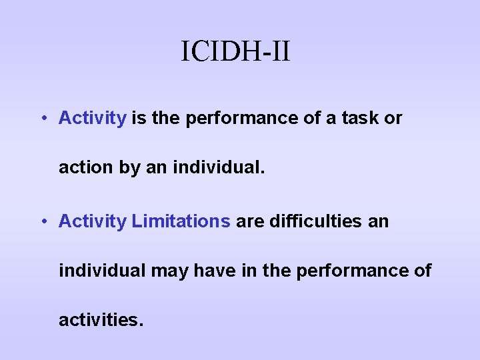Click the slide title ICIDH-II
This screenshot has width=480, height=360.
[235, 51]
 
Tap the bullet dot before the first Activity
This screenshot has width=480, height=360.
[42, 119]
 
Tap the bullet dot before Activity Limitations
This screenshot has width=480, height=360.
[42, 221]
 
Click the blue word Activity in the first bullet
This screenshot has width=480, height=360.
[92, 119]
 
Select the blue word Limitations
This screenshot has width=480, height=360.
[181, 221]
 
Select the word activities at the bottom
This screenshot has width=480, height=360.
[100, 321]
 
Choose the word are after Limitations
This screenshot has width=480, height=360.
[250, 221]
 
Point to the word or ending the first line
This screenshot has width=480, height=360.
[393, 119]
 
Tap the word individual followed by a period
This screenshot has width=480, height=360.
[219, 167]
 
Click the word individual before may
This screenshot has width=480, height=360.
[102, 271]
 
